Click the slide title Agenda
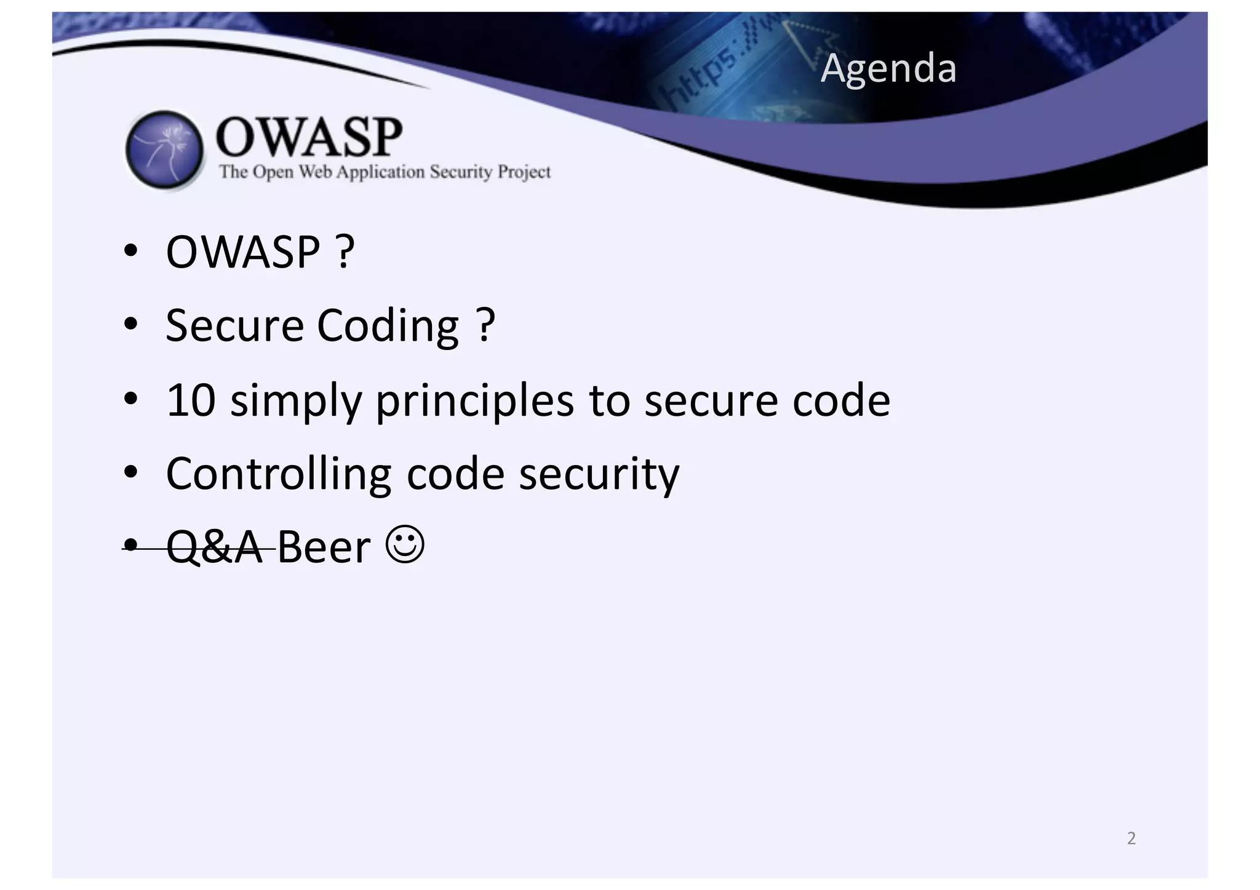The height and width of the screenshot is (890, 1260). click(888, 68)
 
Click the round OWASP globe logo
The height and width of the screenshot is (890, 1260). click(164, 149)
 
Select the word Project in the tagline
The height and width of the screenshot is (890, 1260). click(524, 172)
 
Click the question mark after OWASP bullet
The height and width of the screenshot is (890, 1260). click(345, 252)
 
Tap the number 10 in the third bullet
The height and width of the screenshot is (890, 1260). click(191, 400)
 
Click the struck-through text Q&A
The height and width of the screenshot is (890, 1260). click(214, 547)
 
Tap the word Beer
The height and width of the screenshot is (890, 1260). click(324, 547)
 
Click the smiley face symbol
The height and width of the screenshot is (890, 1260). click(405, 544)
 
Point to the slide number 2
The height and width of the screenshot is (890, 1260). click(1131, 838)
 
